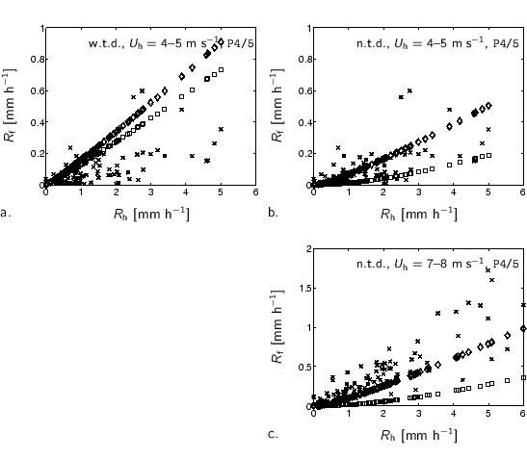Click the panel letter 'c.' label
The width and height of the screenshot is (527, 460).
coord(274,434)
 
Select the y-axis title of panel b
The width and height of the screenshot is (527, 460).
coord(277,107)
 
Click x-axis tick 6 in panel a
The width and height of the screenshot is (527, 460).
coord(255,193)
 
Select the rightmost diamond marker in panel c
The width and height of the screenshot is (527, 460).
coord(523,328)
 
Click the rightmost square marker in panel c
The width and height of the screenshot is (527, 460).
coord(523,378)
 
